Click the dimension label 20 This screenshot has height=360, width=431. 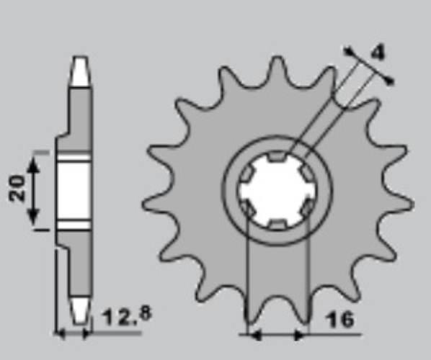17,188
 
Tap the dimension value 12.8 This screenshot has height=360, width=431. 127,316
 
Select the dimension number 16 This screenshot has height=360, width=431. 339,319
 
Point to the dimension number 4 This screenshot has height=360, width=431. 378,52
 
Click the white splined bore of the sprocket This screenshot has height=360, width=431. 277,190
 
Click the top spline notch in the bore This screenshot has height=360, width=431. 277,156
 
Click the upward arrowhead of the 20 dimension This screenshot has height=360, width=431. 33,165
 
